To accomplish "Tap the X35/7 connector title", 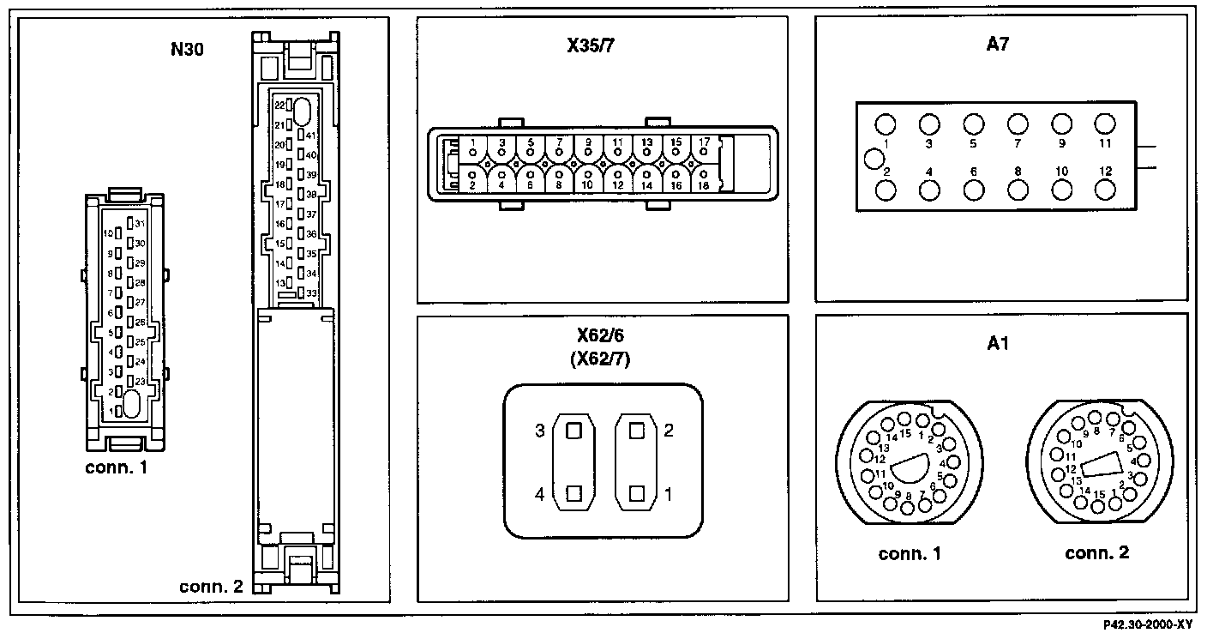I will (591, 46).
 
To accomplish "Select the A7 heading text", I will (997, 46).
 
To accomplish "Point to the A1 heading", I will (997, 343).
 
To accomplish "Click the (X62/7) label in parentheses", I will (600, 360).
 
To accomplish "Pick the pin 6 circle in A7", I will (973, 190).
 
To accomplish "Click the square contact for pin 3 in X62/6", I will (573, 431).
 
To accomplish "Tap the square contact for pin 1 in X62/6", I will (635, 494).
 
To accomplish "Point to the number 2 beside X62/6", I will (669, 431).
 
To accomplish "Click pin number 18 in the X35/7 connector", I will (702, 184).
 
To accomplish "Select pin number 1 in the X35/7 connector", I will (472, 142).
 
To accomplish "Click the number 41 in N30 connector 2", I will (311, 136).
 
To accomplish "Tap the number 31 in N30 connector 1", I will (140, 224).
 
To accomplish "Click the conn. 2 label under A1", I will (1096, 553).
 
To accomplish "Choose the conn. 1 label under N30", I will (117, 468).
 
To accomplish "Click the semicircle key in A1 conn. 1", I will (914, 469).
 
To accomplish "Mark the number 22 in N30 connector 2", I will (279, 105).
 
